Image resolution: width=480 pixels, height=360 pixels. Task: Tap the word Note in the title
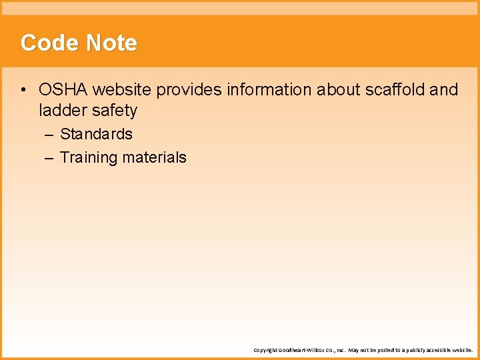[x=111, y=43]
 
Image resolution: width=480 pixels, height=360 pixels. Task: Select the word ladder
[x=61, y=110]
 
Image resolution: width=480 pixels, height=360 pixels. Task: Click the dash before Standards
[x=51, y=134]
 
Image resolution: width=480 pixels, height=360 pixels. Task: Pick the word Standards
[x=97, y=134]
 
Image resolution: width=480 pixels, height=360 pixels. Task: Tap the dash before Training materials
[x=51, y=158]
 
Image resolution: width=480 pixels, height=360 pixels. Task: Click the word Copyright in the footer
[x=265, y=350]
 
